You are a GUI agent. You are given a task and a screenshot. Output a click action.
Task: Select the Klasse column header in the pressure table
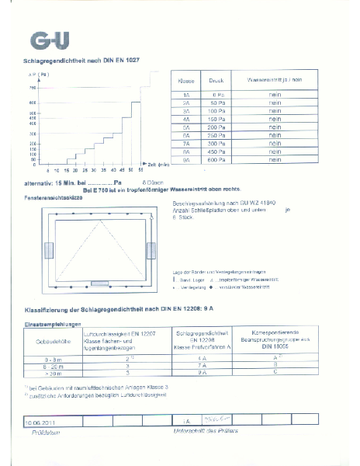(186, 80)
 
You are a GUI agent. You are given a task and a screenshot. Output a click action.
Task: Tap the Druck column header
(216, 80)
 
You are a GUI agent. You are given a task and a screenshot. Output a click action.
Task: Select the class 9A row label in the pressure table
(186, 160)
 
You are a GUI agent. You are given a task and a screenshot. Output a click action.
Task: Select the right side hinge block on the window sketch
(150, 252)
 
